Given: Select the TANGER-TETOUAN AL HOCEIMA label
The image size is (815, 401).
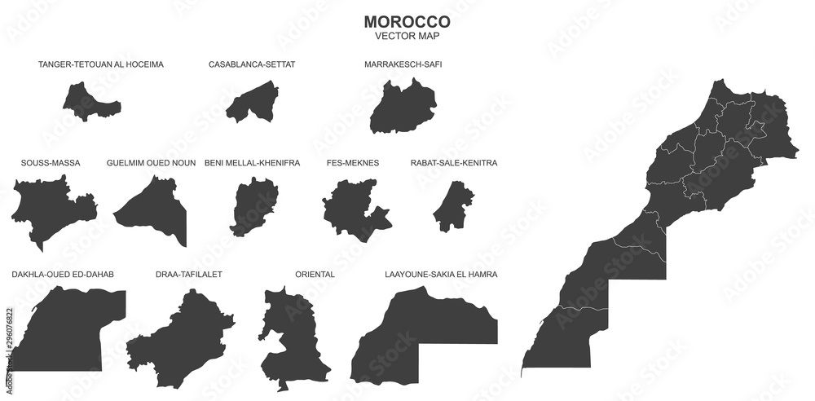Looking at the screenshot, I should coord(101,64).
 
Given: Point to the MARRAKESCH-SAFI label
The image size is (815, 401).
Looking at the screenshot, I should coord(403,64).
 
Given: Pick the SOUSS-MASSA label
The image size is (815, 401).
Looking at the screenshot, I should coord(51,163).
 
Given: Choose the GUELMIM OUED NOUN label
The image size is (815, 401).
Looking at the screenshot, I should coord(151,163).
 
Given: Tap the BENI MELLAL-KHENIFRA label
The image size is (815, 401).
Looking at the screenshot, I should coord(252,163).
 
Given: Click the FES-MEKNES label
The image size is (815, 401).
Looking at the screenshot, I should coord(353,163).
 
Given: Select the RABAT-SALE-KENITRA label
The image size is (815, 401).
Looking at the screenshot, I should coord(454,163).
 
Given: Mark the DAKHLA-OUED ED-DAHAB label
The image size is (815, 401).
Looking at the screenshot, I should coord(63,275).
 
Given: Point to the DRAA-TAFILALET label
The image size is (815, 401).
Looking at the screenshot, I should coord(188,275).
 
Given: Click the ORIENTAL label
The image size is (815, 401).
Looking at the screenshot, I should coord(315,275).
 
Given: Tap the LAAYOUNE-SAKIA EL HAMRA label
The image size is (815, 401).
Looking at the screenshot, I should coord(441,275).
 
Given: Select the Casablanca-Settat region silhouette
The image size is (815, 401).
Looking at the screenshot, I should coord(252,106).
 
